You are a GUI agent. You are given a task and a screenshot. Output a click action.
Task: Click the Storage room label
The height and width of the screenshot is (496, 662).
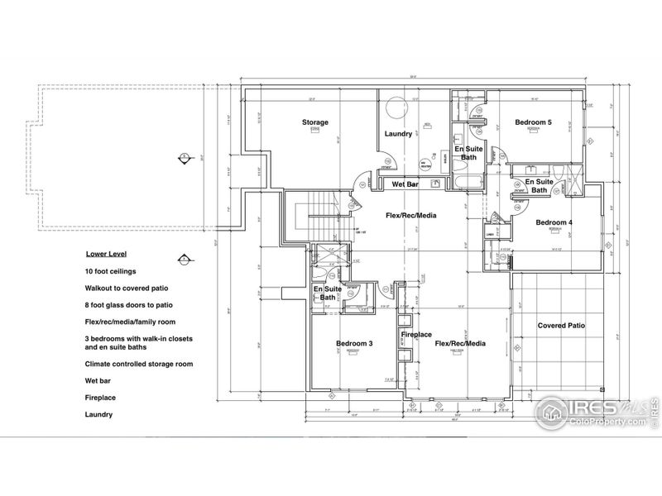pos(314,122)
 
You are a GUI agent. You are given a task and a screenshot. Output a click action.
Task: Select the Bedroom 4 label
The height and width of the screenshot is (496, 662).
pos(554,222)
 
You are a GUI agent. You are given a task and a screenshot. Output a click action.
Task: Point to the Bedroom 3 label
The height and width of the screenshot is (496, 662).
pos(353,343)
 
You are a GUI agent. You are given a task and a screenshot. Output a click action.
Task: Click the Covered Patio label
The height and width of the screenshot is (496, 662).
pos(561,326)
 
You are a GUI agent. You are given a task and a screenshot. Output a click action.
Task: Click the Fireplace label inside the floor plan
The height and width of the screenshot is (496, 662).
pos(416,335)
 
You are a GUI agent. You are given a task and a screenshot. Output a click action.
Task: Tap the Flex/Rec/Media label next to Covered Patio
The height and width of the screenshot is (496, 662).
pos(459,343)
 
